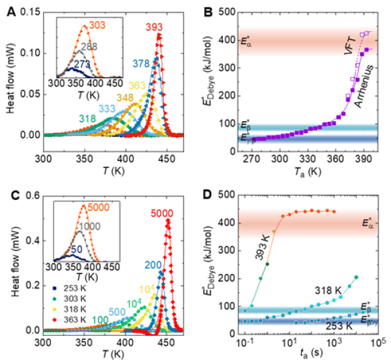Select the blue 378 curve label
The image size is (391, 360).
pyautogui.click(x=141, y=63)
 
